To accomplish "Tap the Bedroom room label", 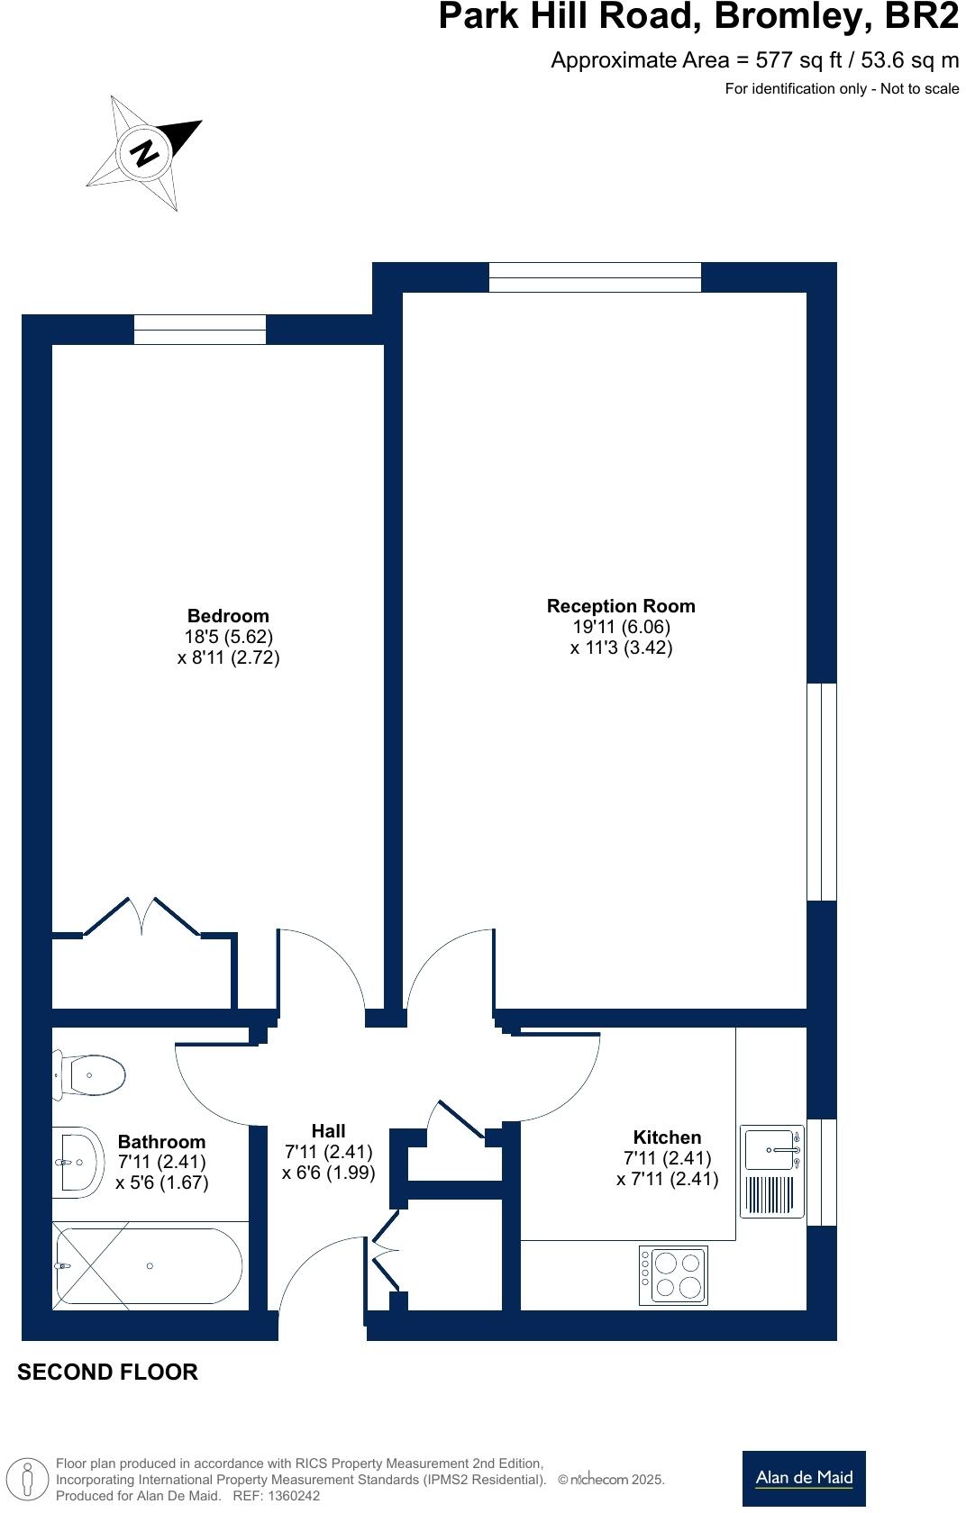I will [x=228, y=616].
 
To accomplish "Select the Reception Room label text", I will [x=621, y=606].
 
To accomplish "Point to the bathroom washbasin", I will [x=77, y=1162].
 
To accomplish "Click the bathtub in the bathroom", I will [x=149, y=1265].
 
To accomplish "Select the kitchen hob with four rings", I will [x=673, y=1275].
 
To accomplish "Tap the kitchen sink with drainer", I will [x=772, y=1171].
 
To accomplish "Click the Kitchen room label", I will [x=667, y=1137].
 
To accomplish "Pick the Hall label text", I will [x=328, y=1131].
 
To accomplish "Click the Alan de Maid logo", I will [x=804, y=1478].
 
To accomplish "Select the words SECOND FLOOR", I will [x=108, y=1372].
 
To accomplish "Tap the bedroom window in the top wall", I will [x=200, y=330].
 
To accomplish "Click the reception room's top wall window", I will [x=595, y=277].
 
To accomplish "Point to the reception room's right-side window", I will [x=822, y=792].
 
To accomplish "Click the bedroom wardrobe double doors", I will [x=142, y=917].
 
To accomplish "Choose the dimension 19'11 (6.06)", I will [x=621, y=627].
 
